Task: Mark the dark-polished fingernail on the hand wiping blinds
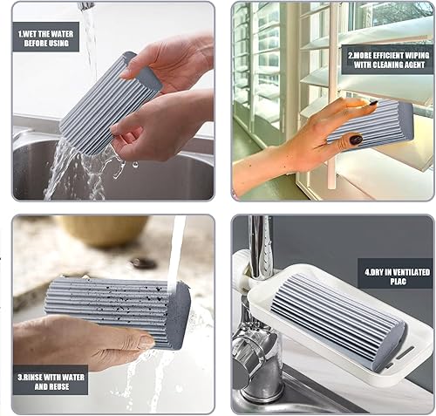(357, 139)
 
